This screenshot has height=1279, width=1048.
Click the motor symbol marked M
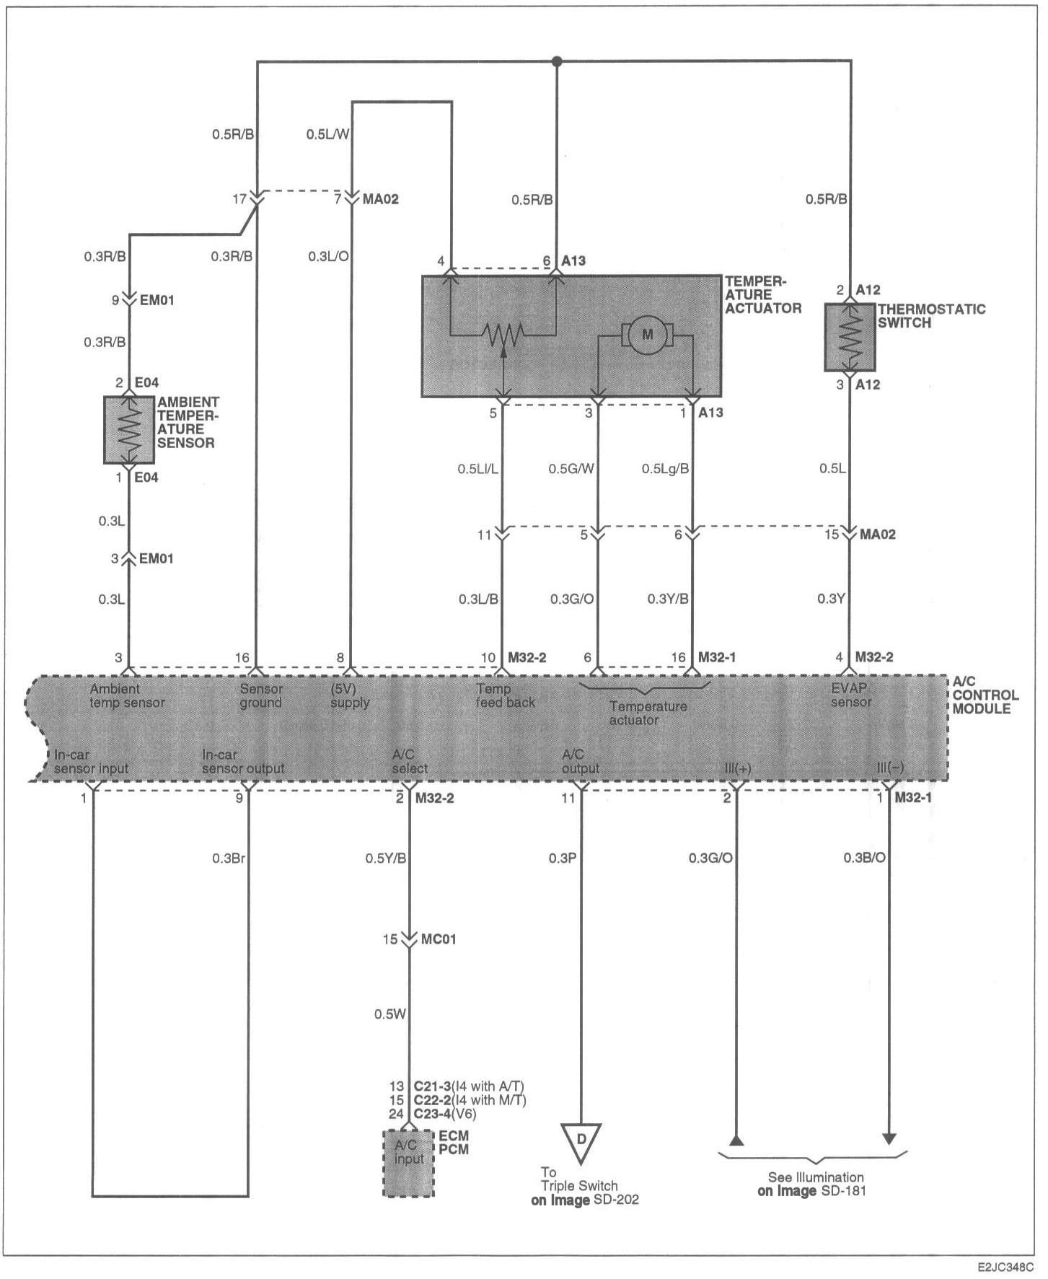[x=646, y=334]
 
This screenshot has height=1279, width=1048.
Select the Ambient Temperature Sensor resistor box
[x=129, y=430]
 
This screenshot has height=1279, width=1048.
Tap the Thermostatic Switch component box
[x=850, y=338]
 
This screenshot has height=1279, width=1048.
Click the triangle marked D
[x=580, y=1143]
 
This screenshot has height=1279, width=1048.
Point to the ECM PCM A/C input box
[x=408, y=1164]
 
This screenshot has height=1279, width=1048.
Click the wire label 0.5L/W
[x=327, y=134]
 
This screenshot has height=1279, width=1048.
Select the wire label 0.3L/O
[x=329, y=256]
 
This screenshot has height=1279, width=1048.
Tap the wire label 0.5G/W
[x=571, y=469]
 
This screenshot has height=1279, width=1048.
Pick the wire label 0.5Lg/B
[x=665, y=469]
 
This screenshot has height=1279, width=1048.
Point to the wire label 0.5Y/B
[x=385, y=858]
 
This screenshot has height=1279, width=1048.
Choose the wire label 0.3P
[x=562, y=858]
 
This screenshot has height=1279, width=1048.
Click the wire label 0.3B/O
[x=865, y=858]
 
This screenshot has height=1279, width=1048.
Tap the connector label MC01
[x=439, y=939]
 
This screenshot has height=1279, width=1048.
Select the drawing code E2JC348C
[x=1005, y=1267]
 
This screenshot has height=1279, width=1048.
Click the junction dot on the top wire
[x=556, y=61]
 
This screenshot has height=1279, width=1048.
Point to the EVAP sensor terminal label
[x=851, y=695]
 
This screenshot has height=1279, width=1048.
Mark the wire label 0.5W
[x=390, y=1014]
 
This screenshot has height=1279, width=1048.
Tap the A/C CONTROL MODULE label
[x=985, y=695]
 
